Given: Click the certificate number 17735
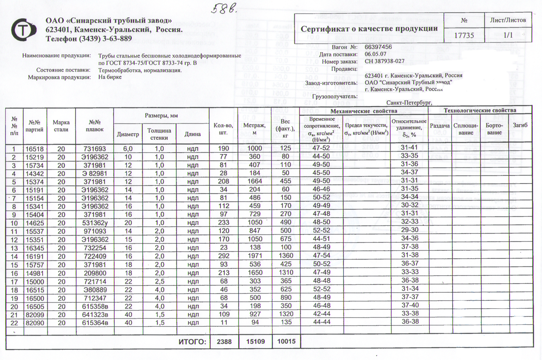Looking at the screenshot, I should coord(464,35).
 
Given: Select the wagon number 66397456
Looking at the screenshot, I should coord(378,47).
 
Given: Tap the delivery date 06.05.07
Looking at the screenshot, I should coord(375,54).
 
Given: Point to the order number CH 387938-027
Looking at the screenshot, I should coord(384,61).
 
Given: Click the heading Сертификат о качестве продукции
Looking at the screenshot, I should coord(369,29).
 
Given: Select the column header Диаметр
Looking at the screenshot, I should coord(128,134).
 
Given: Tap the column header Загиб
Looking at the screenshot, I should coord(520,125).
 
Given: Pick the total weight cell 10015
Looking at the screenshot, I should coord(286,341).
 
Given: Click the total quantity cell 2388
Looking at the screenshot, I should coord(224,342).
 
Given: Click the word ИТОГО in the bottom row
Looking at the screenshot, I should coord(192,342).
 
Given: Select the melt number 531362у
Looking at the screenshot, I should coord(95,223).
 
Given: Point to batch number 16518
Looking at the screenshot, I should coord(35,149).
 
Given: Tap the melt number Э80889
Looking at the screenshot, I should coord(95,290).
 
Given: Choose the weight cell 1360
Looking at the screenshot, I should coord(286,256).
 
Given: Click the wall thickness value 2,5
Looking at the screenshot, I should coord(159,281).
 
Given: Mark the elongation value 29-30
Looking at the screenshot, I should coord(410,230).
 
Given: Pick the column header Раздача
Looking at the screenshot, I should coord(440,125).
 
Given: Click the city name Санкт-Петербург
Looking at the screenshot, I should coord(409,103).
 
